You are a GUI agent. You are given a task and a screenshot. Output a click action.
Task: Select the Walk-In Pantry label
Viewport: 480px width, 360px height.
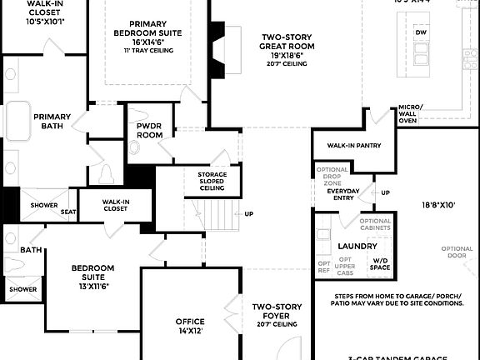click(x=354, y=146)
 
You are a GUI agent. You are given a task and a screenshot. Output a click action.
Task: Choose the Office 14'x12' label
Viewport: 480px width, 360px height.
click(x=189, y=325)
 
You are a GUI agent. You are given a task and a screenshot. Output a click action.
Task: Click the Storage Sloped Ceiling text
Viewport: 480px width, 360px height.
click(x=217, y=181)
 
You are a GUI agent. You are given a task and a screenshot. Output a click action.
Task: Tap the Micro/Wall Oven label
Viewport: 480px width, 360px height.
click(x=410, y=113)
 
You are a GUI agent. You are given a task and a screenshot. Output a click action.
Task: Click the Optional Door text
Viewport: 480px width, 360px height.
click(x=457, y=252)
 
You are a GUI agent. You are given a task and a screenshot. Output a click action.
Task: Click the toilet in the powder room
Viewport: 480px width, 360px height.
click(x=136, y=149)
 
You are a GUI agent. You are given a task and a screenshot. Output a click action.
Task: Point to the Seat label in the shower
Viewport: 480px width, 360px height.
click(x=68, y=212)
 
